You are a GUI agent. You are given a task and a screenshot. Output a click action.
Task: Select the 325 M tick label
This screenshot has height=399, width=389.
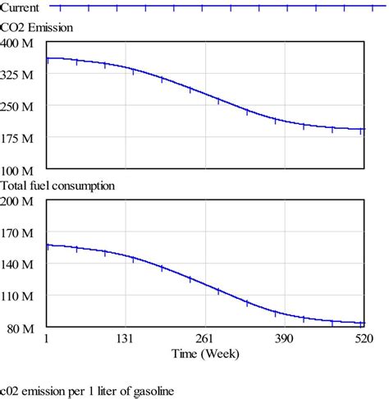point(17,74)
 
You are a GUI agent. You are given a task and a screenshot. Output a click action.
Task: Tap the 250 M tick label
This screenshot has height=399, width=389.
point(17,106)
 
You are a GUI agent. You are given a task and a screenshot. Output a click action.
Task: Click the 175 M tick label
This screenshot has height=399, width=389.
point(17,138)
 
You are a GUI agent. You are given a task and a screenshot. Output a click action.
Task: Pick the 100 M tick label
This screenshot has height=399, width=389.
point(17,170)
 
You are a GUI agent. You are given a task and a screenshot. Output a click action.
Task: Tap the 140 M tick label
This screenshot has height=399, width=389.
point(17,264)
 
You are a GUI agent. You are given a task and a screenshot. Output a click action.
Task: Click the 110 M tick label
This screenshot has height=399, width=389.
point(17,296)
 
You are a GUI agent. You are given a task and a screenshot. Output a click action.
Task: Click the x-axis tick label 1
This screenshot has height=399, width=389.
point(47,339)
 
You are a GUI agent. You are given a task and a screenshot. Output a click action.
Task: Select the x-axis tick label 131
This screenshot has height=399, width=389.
point(126,339)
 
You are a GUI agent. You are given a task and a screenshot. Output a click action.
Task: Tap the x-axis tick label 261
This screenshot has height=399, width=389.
point(204,339)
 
